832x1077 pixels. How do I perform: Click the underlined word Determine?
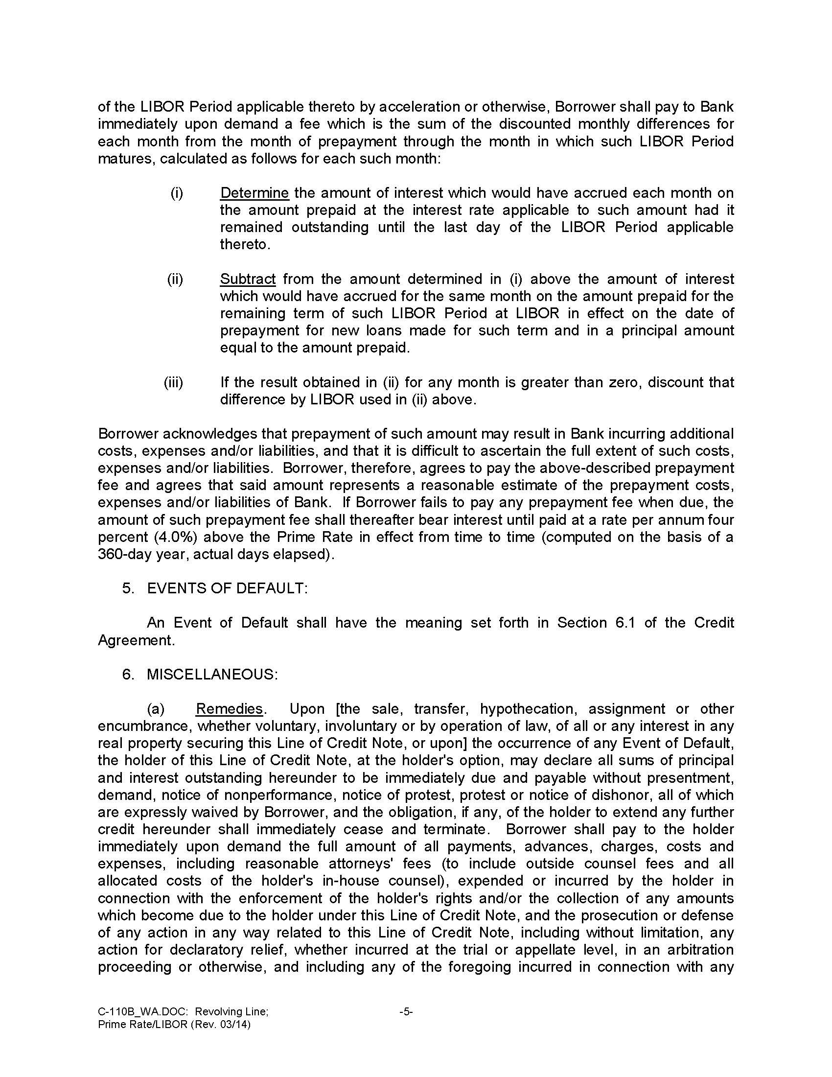[254, 193]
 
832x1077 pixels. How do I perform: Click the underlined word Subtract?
[248, 279]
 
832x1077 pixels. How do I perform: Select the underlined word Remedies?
[229, 709]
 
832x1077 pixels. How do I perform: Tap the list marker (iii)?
[174, 382]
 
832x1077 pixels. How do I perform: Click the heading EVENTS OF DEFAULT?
[227, 588]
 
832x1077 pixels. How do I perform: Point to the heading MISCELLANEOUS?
[212, 674]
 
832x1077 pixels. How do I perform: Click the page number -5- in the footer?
[406, 1012]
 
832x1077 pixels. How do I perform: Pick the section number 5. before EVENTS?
[128, 588]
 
